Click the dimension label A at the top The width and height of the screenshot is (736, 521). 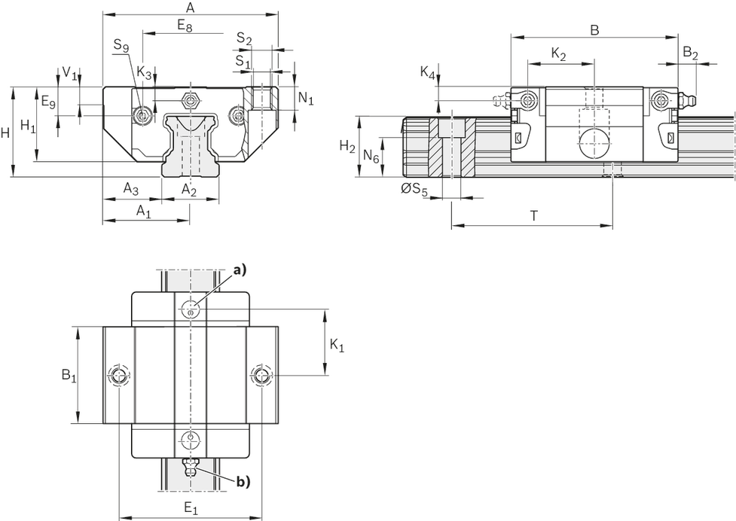coord(190,8)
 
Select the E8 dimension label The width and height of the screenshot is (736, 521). coord(185,26)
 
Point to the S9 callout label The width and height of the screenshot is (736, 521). coord(121,45)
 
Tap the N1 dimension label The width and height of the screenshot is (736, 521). coord(306,99)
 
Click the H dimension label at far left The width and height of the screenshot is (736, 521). coord(5,134)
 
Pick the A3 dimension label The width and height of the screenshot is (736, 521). coord(131,188)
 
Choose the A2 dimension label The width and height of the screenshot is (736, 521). coord(188,190)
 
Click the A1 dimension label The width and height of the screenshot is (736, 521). coord(144,212)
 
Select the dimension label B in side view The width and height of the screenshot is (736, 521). coord(594,30)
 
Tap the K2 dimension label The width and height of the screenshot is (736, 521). coord(558,55)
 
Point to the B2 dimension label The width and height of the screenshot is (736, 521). coord(690,53)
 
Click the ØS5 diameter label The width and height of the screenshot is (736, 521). coord(414,190)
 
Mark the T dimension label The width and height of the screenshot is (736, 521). coord(533,216)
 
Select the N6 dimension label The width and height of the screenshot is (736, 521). coord(371,156)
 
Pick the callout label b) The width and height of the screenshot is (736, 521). coord(243,481)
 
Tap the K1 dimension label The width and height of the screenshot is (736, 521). coord(337,346)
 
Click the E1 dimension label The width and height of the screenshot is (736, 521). coord(191,508)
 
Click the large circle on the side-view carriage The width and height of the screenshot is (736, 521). coord(594,144)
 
